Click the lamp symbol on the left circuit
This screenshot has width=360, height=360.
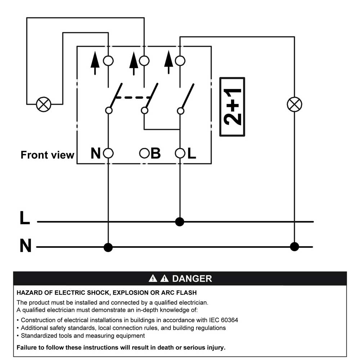(x=44, y=104)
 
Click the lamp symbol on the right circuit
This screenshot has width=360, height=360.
(x=294, y=104)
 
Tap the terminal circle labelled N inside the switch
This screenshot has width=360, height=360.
(x=108, y=153)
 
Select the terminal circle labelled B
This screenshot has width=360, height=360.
(x=144, y=153)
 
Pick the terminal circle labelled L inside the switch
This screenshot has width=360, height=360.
(x=180, y=153)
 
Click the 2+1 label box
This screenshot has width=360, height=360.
(x=232, y=107)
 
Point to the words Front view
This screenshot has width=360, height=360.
(x=48, y=155)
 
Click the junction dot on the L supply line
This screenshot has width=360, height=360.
(x=180, y=222)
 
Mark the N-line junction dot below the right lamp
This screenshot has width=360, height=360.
(x=294, y=247)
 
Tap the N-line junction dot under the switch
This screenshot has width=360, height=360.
(x=108, y=247)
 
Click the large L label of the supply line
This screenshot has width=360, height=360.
(x=25, y=218)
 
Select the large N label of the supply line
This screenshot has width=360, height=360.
(x=26, y=246)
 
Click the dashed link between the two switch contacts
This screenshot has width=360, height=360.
(x=133, y=98)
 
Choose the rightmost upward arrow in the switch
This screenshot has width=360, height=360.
(x=169, y=62)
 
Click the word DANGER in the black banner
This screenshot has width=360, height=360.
(x=192, y=279)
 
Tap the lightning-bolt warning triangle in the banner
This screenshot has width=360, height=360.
(x=153, y=278)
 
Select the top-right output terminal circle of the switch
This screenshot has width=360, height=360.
(x=180, y=61)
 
